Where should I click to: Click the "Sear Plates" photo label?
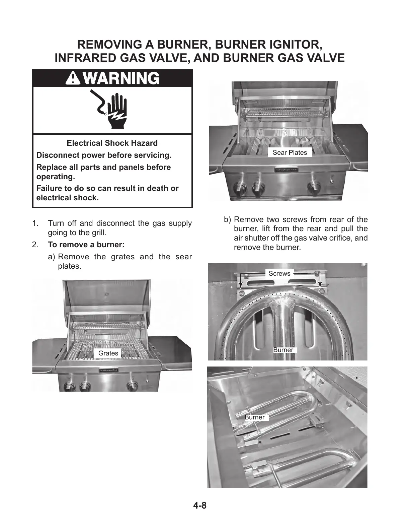pyautogui.click(x=290, y=153)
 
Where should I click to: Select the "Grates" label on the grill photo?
pyautogui.click(x=108, y=353)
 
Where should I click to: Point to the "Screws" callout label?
pyautogui.click(x=279, y=274)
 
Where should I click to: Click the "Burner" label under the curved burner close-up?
pyautogui.click(x=283, y=350)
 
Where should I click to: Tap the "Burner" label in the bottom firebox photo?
pyautogui.click(x=254, y=417)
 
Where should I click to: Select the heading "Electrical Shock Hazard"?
pyautogui.click(x=112, y=143)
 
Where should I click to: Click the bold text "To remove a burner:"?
pyautogui.click(x=86, y=245)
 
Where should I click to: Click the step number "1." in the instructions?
pyautogui.click(x=35, y=223)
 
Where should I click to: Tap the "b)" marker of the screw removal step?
pyautogui.click(x=228, y=220)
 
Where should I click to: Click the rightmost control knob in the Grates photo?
pyautogui.click(x=132, y=386)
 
